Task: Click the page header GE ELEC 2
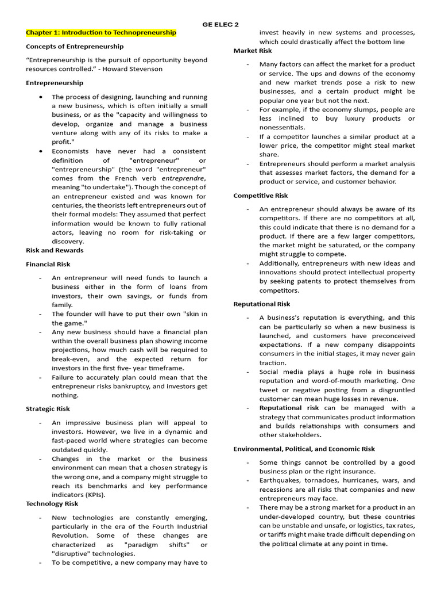coord(220,24)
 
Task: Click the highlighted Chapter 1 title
coord(101,33)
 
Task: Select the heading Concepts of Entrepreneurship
coord(75,46)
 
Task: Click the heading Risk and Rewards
coord(55,250)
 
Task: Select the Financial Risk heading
coord(48,264)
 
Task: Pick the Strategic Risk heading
coord(48,408)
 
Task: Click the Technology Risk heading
coord(52,503)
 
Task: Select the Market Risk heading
coord(253,51)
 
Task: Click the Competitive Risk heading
coord(261,196)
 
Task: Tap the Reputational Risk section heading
coord(262,304)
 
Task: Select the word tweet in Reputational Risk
coord(268,390)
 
